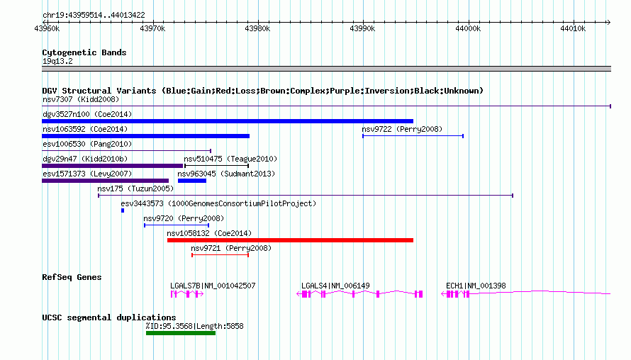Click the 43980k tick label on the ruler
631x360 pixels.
[257, 28]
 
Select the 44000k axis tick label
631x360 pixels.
[468, 28]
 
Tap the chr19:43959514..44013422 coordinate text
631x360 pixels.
[94, 16]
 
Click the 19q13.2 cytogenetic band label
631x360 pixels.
[57, 61]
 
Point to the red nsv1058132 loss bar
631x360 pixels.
[290, 240]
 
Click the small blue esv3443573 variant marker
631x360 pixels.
[123, 210]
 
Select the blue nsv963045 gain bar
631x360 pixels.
[192, 181]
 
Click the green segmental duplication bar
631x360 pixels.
[181, 333]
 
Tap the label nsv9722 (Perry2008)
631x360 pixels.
[402, 129]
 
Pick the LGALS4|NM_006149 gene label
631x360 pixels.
[335, 286]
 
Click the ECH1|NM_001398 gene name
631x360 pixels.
[476, 286]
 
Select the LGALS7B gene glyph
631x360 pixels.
[187, 294]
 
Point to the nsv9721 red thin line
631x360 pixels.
[220, 255]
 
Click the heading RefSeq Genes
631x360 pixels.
[72, 277]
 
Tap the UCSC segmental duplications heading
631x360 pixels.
[109, 317]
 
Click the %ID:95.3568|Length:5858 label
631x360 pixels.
[195, 326]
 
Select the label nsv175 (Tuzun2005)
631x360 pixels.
[135, 189]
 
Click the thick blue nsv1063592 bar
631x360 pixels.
[145, 136]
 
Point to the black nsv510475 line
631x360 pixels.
[216, 166]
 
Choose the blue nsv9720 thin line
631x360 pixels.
[177, 225]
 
